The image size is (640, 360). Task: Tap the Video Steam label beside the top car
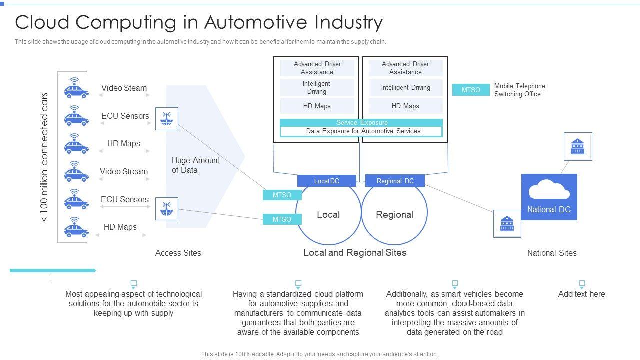pyautogui.click(x=124, y=88)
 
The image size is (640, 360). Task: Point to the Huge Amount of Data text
pyautogui.click(x=195, y=165)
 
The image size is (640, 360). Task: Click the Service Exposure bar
pyautogui.click(x=361, y=123)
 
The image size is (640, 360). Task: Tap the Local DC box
pyautogui.click(x=326, y=181)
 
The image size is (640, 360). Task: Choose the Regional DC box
pyautogui.click(x=395, y=181)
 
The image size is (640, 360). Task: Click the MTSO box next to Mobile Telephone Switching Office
pyautogui.click(x=470, y=90)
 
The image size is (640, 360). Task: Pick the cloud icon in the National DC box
pyautogui.click(x=549, y=190)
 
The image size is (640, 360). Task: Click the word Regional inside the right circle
pyautogui.click(x=394, y=215)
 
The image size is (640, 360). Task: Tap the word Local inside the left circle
pyautogui.click(x=328, y=215)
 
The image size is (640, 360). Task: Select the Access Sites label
pyautogui.click(x=178, y=253)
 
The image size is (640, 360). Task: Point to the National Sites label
pyautogui.click(x=552, y=253)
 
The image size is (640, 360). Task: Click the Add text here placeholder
pyautogui.click(x=581, y=294)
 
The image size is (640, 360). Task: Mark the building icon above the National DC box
pyautogui.click(x=577, y=146)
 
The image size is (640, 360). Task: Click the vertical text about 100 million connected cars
pyautogui.click(x=44, y=157)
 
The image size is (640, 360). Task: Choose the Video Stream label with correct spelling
pyautogui.click(x=124, y=172)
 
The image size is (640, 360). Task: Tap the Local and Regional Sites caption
pyautogui.click(x=355, y=253)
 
